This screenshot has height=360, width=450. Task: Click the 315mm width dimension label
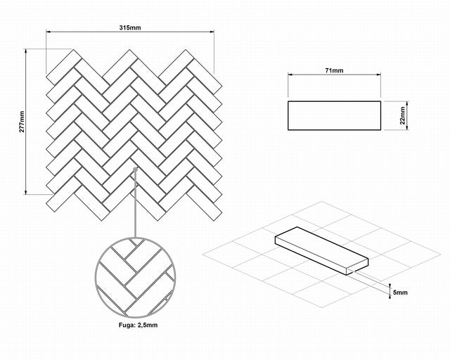point(130,27)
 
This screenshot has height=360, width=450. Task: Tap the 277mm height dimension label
point(22,122)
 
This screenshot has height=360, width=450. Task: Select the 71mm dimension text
point(335,70)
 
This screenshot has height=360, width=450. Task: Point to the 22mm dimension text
point(402,115)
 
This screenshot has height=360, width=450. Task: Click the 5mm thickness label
point(400,292)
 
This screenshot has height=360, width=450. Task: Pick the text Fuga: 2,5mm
point(138,325)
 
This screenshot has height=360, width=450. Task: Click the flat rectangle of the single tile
point(335,115)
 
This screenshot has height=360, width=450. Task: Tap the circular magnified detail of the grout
point(135,278)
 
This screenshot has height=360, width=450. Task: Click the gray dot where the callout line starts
point(136,169)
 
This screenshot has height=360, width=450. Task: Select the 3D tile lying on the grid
point(321,250)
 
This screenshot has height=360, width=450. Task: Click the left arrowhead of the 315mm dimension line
point(49,32)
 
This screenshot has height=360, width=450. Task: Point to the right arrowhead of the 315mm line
point(212,32)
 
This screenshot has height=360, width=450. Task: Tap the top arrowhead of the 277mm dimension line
point(26,51)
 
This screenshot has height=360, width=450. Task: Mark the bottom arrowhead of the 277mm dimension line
point(26,192)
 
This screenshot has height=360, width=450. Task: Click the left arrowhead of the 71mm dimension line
point(290,75)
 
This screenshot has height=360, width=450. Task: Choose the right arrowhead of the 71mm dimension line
point(378,75)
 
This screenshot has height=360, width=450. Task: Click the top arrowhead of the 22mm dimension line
point(407,103)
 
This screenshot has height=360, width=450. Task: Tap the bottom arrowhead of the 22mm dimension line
point(407,127)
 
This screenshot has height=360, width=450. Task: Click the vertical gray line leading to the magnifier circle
point(135,205)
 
